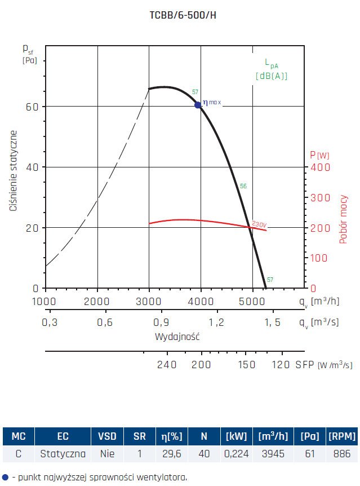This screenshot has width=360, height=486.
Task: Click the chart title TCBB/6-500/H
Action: pos(180,15)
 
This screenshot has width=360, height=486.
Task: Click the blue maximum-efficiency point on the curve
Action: pos(198,105)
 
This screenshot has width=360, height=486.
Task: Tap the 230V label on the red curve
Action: pos(259,223)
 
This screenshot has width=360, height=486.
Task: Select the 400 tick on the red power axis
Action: pos(321,167)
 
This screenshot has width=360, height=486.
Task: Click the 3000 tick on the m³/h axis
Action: pos(149,301)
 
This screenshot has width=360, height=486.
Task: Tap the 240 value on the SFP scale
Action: pos(167,364)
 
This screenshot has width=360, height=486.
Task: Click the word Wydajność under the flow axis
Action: pos(177,337)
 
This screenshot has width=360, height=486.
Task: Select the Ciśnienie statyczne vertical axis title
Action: pos(13,170)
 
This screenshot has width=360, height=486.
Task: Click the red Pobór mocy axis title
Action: pos(343,219)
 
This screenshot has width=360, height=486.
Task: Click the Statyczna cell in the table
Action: pos(63,453)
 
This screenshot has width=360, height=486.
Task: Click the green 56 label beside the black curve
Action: pos(243,186)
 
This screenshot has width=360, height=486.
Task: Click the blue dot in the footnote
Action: pos(5,477)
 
